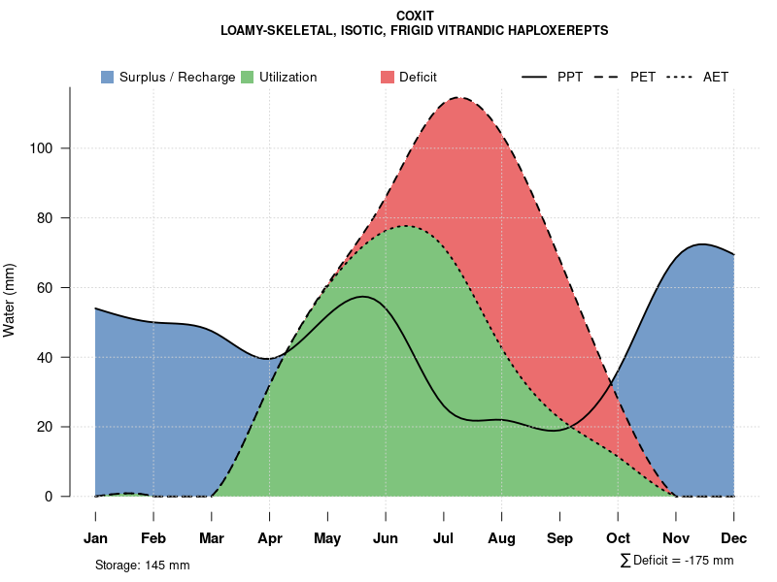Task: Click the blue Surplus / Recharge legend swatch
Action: click(108, 77)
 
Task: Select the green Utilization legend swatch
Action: click(248, 77)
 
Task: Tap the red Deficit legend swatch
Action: click(388, 77)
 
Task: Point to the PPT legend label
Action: click(570, 77)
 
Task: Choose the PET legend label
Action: click(643, 77)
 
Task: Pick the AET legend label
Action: click(716, 77)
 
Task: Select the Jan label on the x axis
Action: click(95, 538)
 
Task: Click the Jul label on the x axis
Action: click(444, 538)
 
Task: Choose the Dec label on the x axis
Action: click(734, 538)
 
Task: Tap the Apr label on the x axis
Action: click(270, 538)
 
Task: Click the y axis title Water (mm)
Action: click(10, 300)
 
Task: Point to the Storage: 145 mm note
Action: click(142, 565)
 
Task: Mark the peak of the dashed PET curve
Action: click(459, 97)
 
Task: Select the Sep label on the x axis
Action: click(559, 538)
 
